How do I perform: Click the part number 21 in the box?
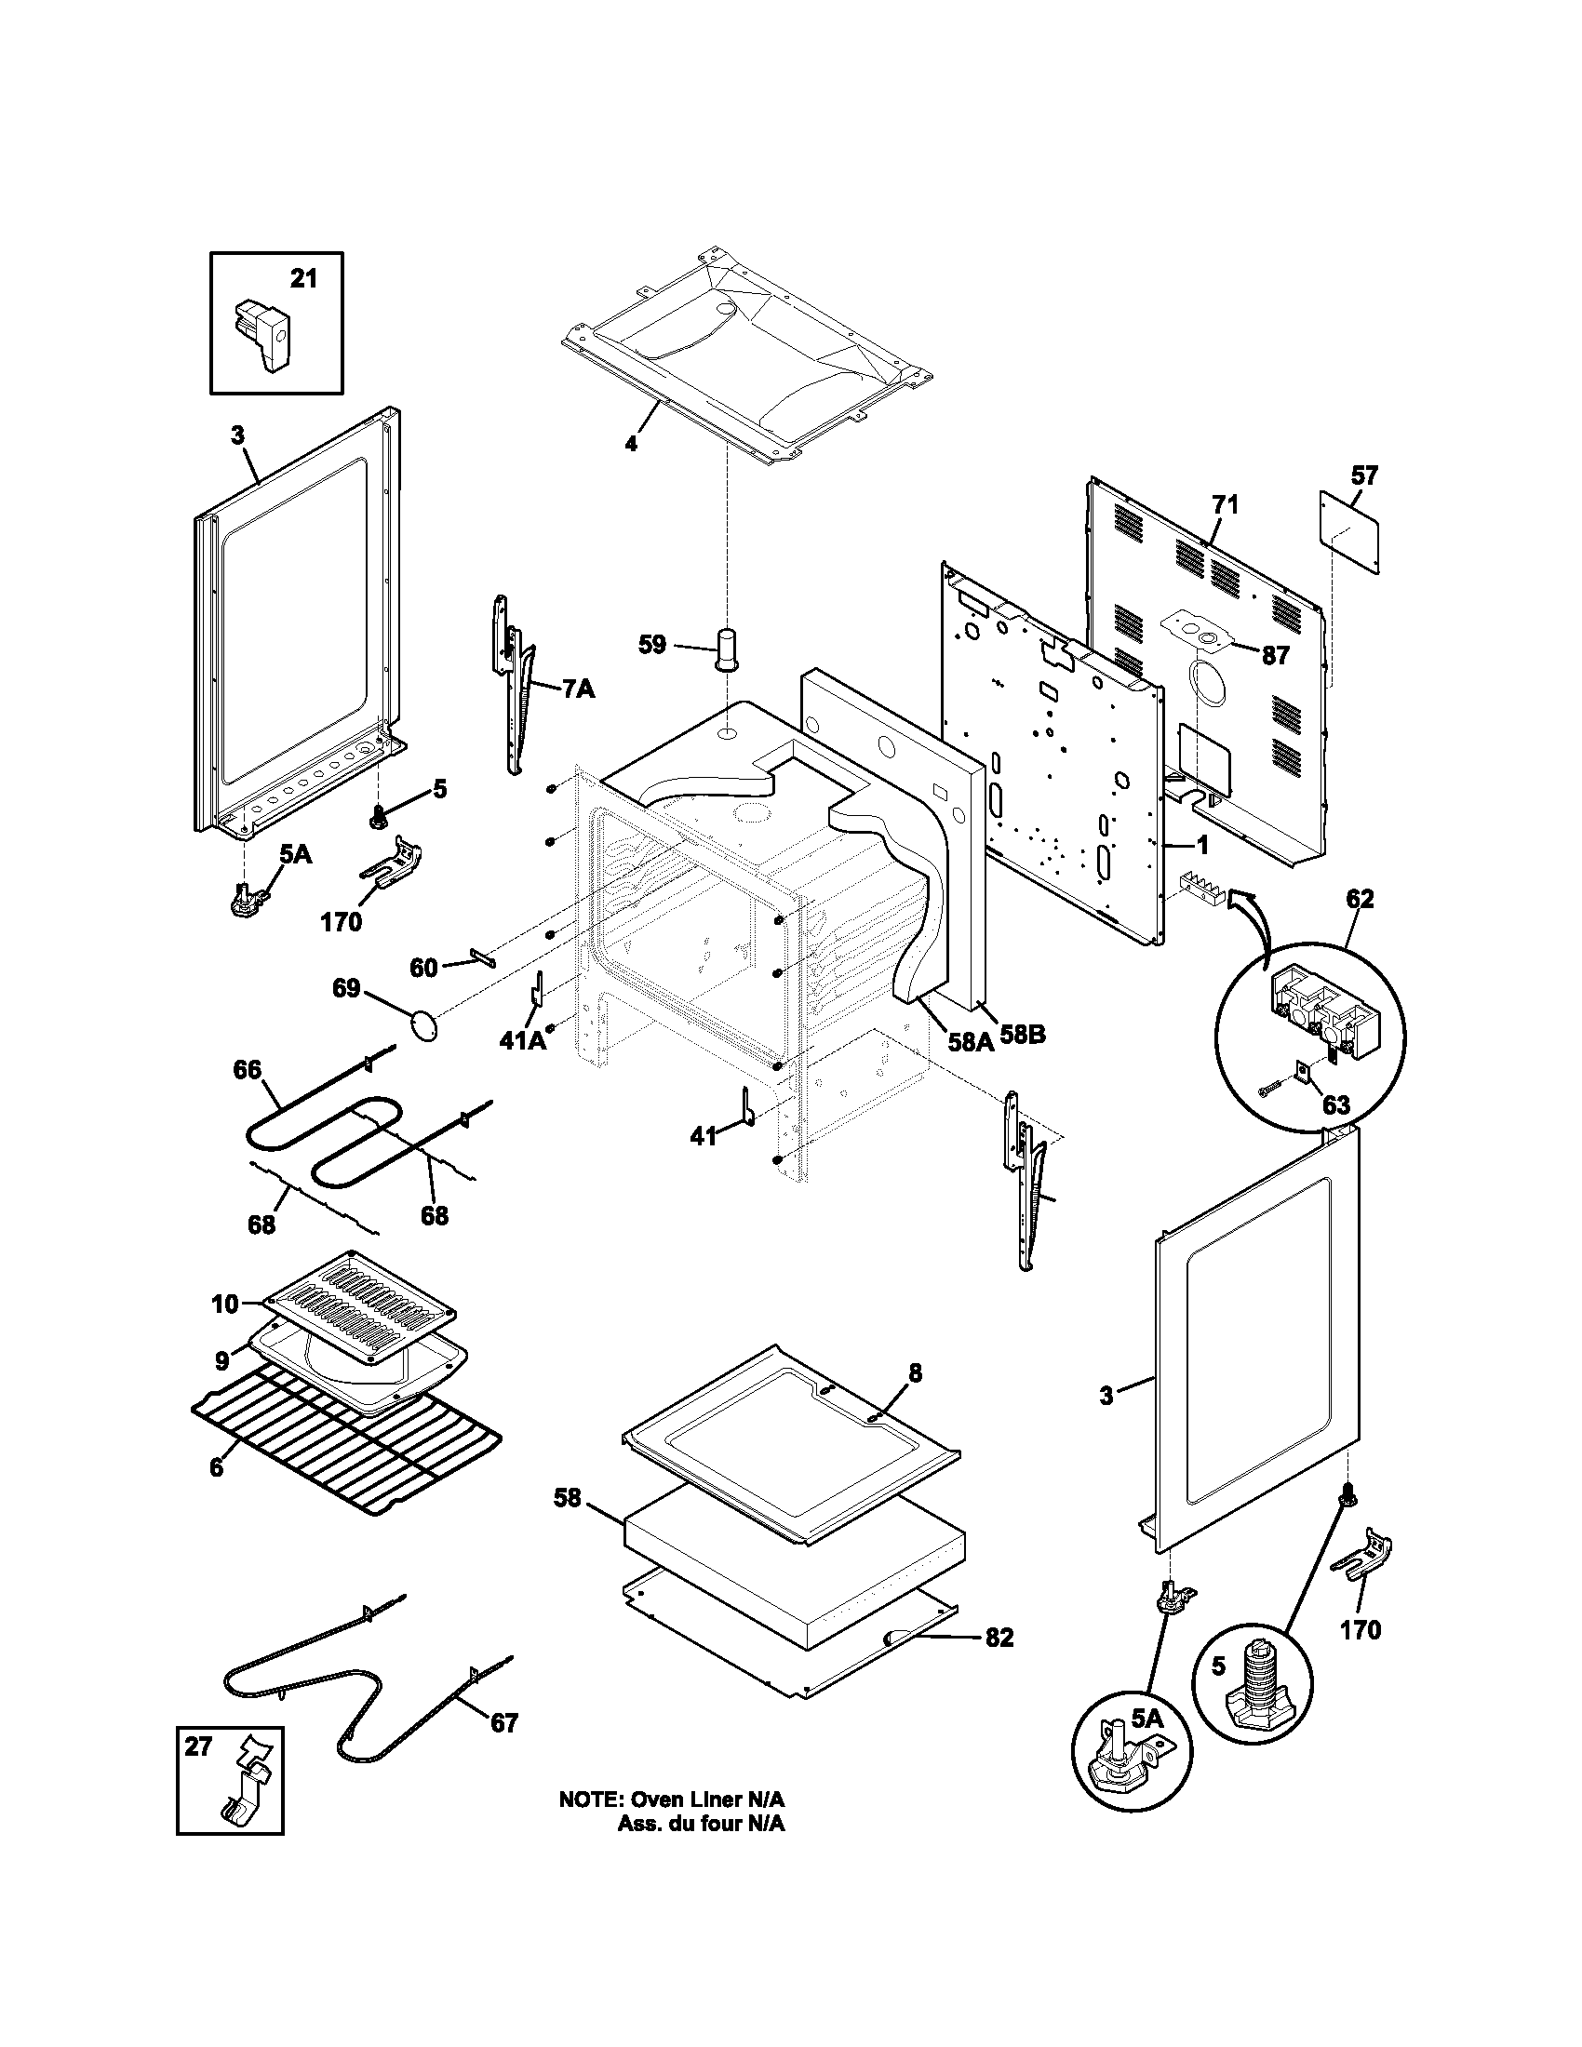(302, 278)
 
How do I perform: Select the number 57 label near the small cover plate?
(1364, 475)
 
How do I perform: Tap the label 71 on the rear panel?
(1225, 505)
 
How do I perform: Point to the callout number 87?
(1276, 655)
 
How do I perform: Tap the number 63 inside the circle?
(1335, 1104)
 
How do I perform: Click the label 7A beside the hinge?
(578, 689)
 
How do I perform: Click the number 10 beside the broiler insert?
(225, 1304)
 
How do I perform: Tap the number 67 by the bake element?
(504, 1722)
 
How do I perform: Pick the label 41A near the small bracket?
(522, 1040)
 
